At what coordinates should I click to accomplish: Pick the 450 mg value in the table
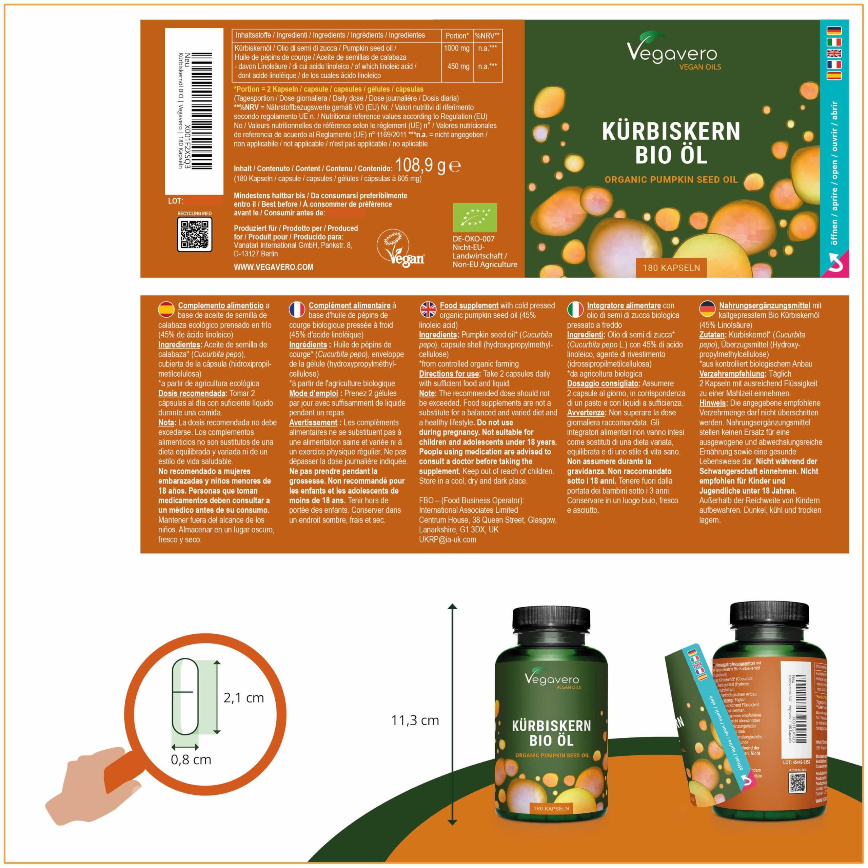(x=458, y=66)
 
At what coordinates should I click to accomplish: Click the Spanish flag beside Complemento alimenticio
(x=166, y=309)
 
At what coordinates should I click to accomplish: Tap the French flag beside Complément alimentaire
(x=297, y=309)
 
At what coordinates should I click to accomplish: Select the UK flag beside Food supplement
(x=427, y=309)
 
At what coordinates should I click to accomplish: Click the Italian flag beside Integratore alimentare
(x=575, y=309)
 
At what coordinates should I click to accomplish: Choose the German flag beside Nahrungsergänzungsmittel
(x=708, y=309)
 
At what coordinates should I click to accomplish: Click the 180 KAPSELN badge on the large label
(x=671, y=268)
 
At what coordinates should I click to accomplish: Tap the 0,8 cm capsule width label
(x=191, y=760)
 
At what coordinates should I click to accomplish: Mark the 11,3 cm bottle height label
(x=415, y=720)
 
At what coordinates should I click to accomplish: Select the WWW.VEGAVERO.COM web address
(x=273, y=267)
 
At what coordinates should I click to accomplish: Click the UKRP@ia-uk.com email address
(x=448, y=539)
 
